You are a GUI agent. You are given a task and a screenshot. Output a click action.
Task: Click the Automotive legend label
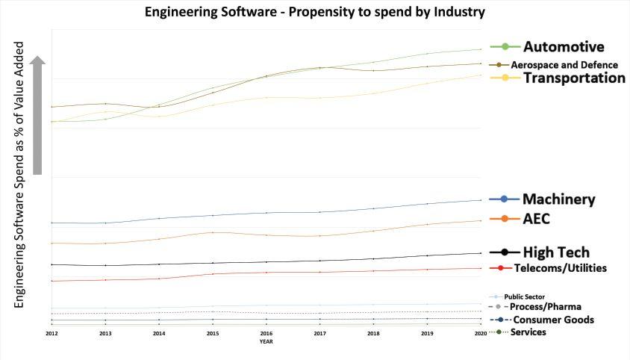coord(564,47)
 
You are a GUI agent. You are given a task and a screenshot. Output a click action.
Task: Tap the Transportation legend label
coord(574,78)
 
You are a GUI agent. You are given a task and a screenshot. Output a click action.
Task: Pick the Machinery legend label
coord(558,199)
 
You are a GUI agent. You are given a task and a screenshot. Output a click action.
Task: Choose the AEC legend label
coord(537,219)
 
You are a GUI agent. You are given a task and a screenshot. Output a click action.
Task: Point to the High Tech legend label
coord(556,252)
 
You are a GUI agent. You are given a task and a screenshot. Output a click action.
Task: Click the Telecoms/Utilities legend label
coord(561,268)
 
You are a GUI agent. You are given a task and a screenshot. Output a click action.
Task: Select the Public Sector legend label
coord(524,297)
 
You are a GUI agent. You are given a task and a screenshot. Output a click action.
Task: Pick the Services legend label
coord(528,332)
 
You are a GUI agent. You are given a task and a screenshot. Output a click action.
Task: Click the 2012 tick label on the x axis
coord(52,334)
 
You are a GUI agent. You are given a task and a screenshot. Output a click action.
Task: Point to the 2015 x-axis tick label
coord(213,334)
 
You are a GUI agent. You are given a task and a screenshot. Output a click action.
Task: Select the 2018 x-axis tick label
coord(373,334)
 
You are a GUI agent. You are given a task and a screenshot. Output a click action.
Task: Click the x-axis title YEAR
coord(266,341)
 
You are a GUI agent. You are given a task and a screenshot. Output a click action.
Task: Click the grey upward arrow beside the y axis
coord(38,116)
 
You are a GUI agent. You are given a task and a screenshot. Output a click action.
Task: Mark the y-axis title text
coord(19,175)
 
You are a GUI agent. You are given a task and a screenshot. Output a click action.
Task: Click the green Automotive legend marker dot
coord(505,47)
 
